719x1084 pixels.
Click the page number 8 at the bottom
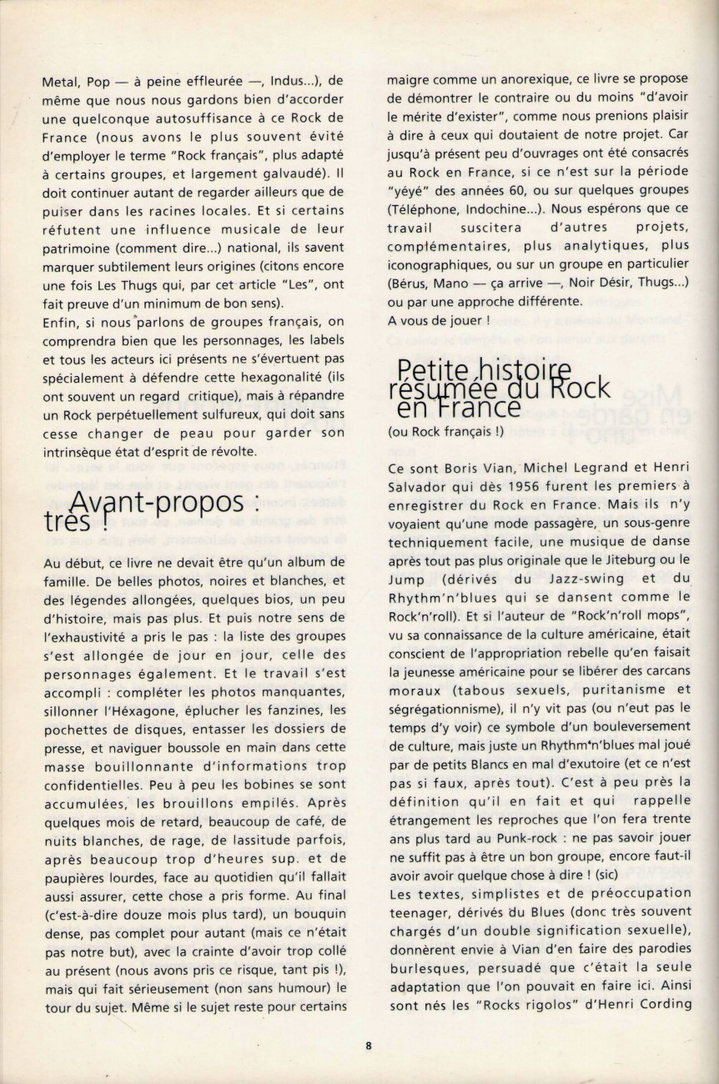[368, 1046]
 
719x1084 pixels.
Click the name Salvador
[420, 486]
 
